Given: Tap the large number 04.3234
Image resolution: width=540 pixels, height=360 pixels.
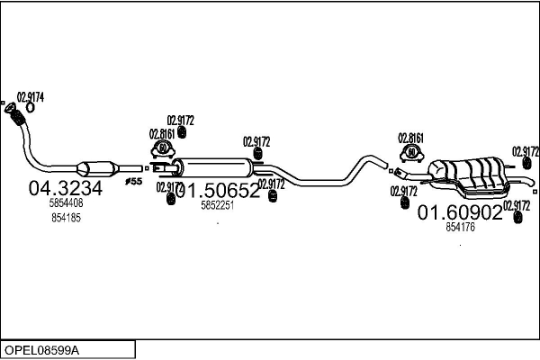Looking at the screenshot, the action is click(66, 188).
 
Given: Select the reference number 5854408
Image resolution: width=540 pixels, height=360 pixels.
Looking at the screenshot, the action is click(66, 204).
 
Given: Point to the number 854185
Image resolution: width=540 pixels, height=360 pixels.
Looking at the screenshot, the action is click(67, 219).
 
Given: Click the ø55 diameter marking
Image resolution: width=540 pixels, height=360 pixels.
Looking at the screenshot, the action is click(133, 182).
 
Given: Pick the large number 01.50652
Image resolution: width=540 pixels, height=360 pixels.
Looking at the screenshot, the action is click(218, 190).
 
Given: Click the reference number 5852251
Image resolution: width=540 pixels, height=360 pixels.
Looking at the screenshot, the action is click(217, 205).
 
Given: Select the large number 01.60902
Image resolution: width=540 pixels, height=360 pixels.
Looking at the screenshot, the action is click(459, 212).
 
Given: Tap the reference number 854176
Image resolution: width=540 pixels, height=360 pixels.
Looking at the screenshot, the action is click(460, 228).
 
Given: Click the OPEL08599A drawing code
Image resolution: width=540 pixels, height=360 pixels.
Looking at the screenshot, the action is click(42, 348).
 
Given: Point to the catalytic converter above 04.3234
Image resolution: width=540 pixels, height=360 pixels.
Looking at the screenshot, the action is click(98, 167).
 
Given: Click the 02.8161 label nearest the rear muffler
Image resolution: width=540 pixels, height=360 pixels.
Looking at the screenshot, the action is click(410, 138).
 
